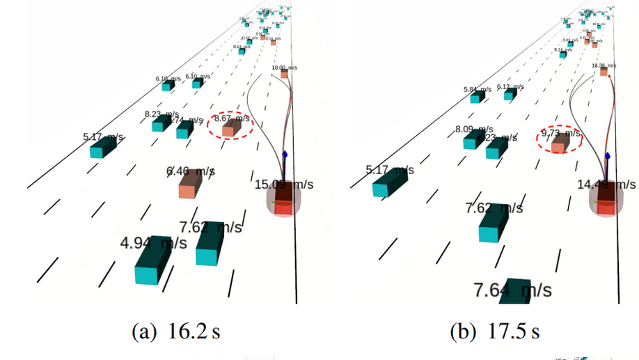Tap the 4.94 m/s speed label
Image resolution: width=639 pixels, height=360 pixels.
(x=153, y=243)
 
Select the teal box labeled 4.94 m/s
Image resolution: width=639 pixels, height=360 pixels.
(x=152, y=263)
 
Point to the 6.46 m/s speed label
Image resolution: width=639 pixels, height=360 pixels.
(x=190, y=171)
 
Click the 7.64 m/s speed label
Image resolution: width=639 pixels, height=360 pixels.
(x=512, y=289)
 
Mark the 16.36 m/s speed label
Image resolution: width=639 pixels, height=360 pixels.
(x=603, y=65)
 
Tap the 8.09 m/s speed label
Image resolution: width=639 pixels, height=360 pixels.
(x=473, y=129)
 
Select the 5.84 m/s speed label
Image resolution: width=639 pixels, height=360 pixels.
(x=477, y=90)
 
